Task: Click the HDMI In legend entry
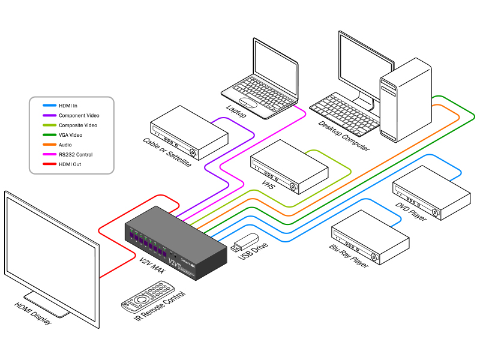point(68,106)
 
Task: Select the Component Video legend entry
point(79,115)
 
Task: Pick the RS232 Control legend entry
point(75,154)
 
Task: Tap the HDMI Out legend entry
point(70,164)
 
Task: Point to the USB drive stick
point(245,242)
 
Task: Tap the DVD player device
point(431,191)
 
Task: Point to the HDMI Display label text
point(33,313)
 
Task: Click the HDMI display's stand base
point(48,305)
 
